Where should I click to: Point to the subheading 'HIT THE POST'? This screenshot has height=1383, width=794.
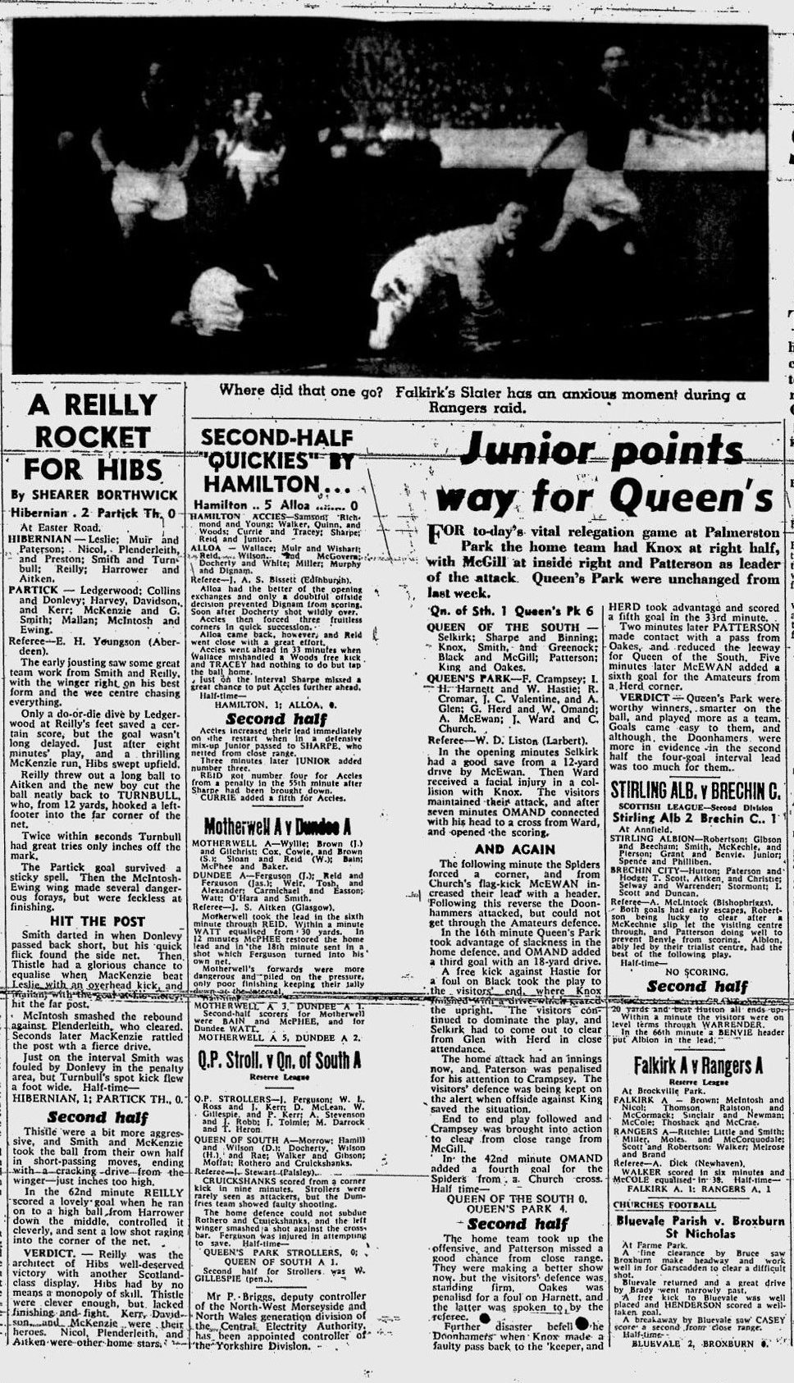(97, 921)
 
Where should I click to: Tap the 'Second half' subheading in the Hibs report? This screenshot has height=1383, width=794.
(97, 1116)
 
